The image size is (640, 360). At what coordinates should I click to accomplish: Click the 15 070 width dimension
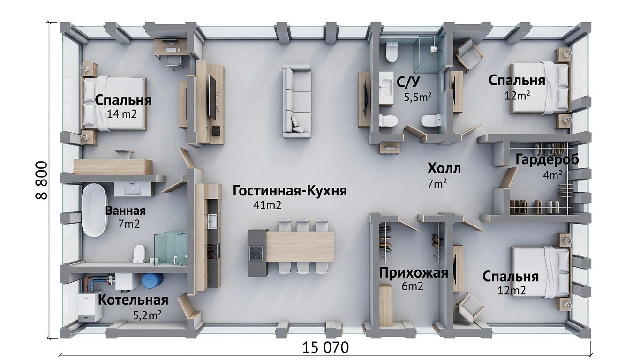point(325,348)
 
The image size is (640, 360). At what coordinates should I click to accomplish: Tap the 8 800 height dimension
point(41,180)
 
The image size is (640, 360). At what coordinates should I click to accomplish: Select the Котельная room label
point(133,300)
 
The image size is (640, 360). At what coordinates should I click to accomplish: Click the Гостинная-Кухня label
point(290,191)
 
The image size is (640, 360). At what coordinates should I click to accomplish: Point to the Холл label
point(444,169)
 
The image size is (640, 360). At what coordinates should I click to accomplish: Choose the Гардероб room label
point(547,159)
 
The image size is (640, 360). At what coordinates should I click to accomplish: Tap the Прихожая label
point(414,273)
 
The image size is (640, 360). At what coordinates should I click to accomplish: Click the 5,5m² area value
point(417,97)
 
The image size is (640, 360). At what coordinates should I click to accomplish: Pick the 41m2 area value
point(267,205)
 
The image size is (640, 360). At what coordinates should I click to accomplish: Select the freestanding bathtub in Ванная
point(95,210)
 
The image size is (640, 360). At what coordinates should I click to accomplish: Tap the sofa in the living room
point(297,101)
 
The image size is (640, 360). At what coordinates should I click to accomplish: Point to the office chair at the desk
point(173,62)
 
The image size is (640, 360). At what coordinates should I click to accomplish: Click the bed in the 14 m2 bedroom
point(114,104)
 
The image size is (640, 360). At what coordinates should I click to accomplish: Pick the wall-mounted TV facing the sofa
point(212,97)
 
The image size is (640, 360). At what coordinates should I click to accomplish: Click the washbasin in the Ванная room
point(133,189)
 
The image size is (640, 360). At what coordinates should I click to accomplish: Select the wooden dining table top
point(300,246)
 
